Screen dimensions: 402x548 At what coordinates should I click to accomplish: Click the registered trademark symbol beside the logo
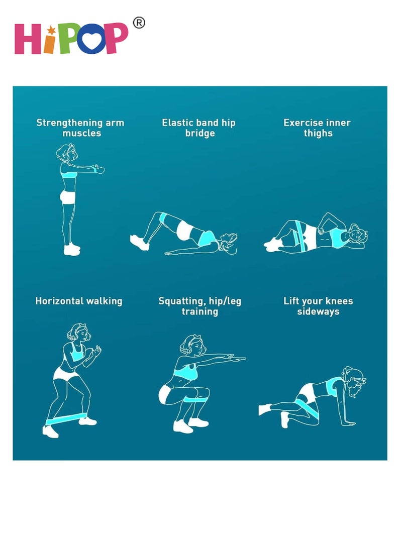click(x=139, y=23)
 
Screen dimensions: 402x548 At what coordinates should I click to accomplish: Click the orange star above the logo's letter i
click(x=52, y=31)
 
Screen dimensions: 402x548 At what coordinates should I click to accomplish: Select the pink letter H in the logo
click(x=27, y=39)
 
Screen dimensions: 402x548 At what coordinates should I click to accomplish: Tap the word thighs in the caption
click(x=318, y=134)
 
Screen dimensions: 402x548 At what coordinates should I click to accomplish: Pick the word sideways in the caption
click(x=318, y=311)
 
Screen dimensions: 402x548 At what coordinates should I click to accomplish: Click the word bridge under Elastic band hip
click(x=200, y=134)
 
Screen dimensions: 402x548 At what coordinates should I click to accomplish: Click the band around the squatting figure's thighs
click(x=196, y=399)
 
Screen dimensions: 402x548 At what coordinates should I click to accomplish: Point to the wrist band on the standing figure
click(x=95, y=170)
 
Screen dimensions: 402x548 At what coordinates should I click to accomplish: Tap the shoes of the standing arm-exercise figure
click(x=72, y=249)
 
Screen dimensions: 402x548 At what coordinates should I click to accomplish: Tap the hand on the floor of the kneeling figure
click(x=349, y=423)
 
